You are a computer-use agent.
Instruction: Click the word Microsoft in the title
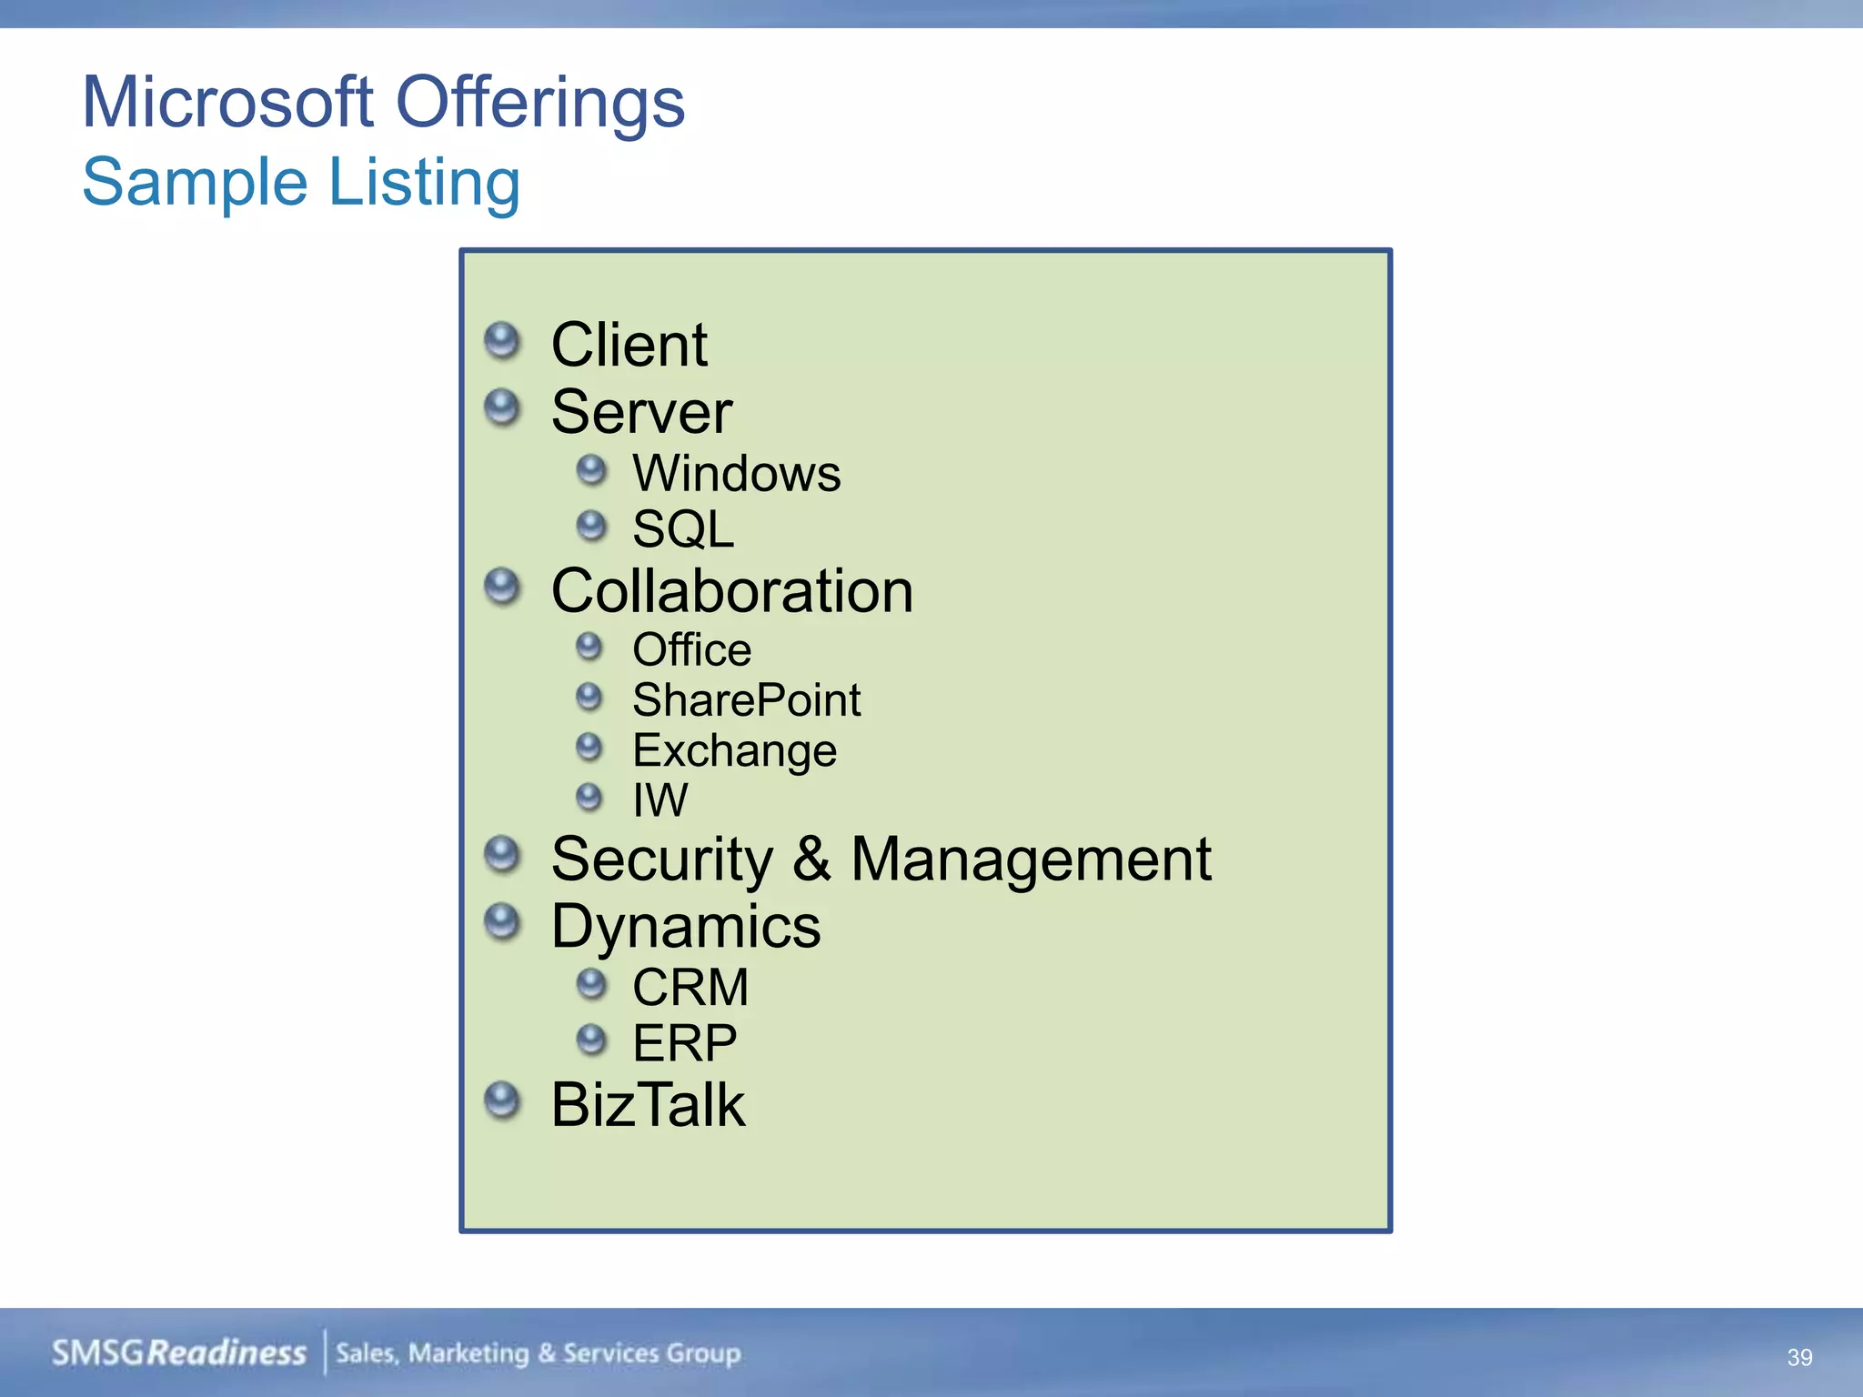pyautogui.click(x=227, y=102)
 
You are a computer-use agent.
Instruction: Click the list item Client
pyautogui.click(x=629, y=346)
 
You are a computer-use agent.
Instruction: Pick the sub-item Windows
pyautogui.click(x=737, y=474)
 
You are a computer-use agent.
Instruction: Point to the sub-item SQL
pyautogui.click(x=683, y=529)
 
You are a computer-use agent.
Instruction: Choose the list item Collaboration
pyautogui.click(x=732, y=591)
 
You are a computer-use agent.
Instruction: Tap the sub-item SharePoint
pyautogui.click(x=746, y=700)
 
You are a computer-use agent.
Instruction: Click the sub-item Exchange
pyautogui.click(x=734, y=751)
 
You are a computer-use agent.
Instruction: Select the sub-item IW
pyautogui.click(x=660, y=800)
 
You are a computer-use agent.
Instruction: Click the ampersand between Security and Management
pyautogui.click(x=811, y=859)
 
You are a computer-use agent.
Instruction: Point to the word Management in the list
pyautogui.click(x=1031, y=859)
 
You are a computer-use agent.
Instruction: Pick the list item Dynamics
pyautogui.click(x=686, y=928)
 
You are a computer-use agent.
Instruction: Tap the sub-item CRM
pyautogui.click(x=690, y=988)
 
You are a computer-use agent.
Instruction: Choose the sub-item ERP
pyautogui.click(x=684, y=1043)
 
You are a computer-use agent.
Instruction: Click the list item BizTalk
pyautogui.click(x=648, y=1106)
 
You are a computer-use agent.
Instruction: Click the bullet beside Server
pyautogui.click(x=502, y=407)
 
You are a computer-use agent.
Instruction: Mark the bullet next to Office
pyautogui.click(x=589, y=648)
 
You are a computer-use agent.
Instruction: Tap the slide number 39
pyautogui.click(x=1799, y=1357)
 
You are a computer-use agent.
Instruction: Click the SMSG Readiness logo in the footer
pyautogui.click(x=179, y=1353)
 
